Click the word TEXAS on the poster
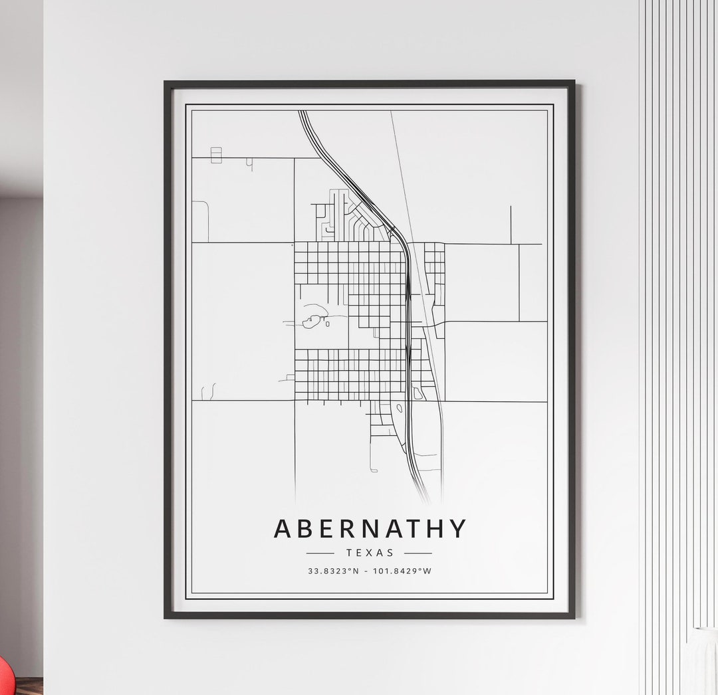[370, 552]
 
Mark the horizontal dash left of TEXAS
[320, 553]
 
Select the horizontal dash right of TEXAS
[418, 553]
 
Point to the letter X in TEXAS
[370, 552]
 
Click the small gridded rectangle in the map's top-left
[216, 155]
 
